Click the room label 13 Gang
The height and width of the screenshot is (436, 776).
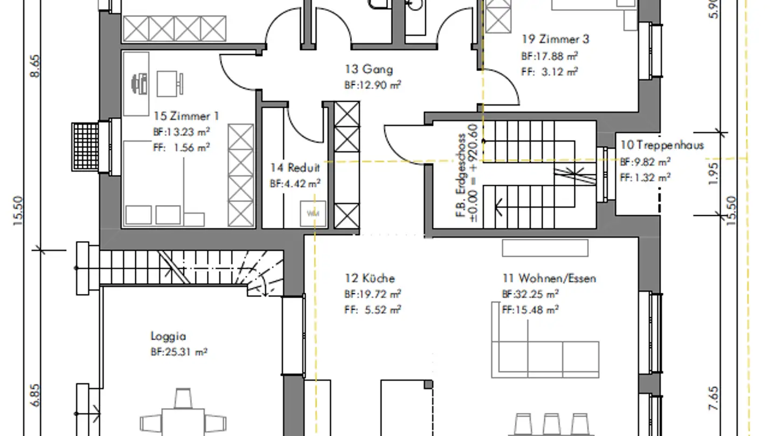369,69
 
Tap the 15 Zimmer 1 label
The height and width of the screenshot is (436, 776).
186,116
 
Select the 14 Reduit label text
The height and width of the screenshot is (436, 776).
295,168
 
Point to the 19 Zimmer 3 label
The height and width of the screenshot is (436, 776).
555,39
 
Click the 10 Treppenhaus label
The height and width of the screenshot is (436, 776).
662,145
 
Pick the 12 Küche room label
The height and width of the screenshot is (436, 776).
370,278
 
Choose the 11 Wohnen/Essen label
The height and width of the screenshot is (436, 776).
549,278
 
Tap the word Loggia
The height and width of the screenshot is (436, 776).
168,336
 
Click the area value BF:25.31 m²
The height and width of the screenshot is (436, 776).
179,352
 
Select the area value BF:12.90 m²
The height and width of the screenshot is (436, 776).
373,85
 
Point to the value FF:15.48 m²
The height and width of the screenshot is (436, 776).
530,310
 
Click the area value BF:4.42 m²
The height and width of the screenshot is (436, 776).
295,184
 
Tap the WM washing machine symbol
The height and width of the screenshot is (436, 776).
313,214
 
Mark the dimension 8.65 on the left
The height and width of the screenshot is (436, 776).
36,66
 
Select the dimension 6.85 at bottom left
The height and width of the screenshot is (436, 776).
36,396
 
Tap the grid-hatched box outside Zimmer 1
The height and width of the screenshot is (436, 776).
85,147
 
